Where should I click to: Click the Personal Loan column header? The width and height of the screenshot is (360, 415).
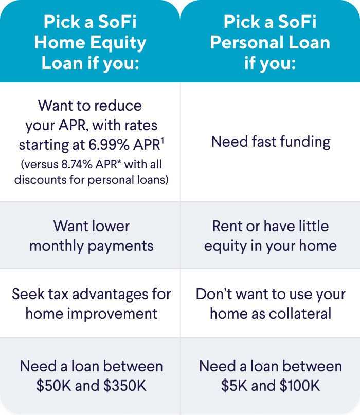point(270,42)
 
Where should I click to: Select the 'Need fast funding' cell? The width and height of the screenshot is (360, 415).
point(271,142)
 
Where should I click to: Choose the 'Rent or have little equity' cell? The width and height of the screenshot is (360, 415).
point(271,235)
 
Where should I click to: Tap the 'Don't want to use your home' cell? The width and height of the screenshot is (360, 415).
point(271,303)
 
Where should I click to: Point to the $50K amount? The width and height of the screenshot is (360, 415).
point(52,386)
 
